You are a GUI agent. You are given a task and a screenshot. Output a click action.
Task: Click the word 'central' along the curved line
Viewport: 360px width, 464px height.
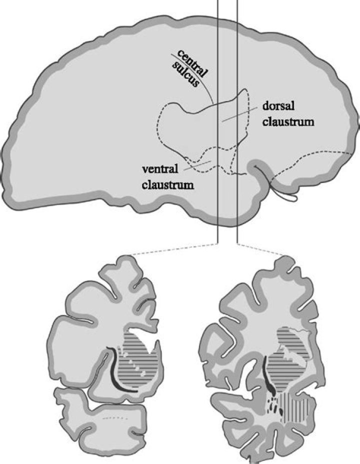pyautogui.click(x=192, y=63)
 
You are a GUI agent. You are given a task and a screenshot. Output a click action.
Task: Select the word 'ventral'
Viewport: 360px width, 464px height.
pyautogui.click(x=160, y=169)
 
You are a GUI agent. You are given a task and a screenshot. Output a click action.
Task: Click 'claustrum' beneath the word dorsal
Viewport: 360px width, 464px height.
pyautogui.click(x=288, y=121)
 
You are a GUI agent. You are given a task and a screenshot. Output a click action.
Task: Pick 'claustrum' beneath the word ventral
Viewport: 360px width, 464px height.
pyautogui.click(x=168, y=185)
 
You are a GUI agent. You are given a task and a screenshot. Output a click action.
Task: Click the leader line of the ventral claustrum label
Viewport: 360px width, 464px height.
pyautogui.click(x=197, y=165)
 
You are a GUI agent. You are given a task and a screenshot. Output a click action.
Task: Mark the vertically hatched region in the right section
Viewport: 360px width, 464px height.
pyautogui.click(x=296, y=406)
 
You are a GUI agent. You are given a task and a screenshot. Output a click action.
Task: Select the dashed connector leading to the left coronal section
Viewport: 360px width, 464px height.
pyautogui.click(x=174, y=249)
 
